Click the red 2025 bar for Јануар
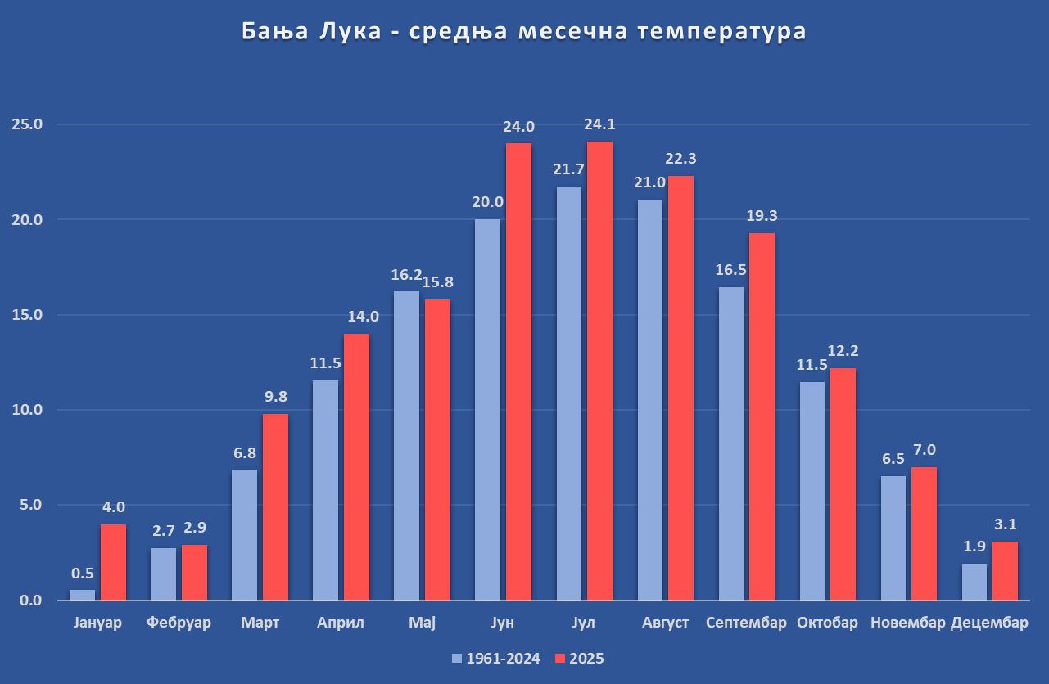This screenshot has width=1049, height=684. pyautogui.click(x=113, y=562)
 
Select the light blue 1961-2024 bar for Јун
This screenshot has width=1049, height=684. pyautogui.click(x=487, y=409)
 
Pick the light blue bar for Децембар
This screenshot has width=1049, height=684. pyautogui.click(x=974, y=582)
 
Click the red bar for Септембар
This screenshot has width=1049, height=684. pyautogui.click(x=762, y=416)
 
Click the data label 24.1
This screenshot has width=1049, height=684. pyautogui.click(x=599, y=125)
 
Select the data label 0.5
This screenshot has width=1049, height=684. pyautogui.click(x=82, y=574)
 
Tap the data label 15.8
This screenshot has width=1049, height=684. pyautogui.click(x=437, y=282)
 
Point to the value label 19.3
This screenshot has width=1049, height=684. pyautogui.click(x=762, y=216)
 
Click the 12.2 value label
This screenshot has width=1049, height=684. pyautogui.click(x=843, y=351)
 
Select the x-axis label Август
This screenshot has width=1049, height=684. pyautogui.click(x=665, y=623)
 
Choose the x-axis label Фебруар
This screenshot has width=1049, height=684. pyautogui.click(x=179, y=623)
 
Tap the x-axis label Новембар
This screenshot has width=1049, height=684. pyautogui.click(x=907, y=623)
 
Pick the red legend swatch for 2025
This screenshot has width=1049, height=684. pyautogui.click(x=560, y=659)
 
